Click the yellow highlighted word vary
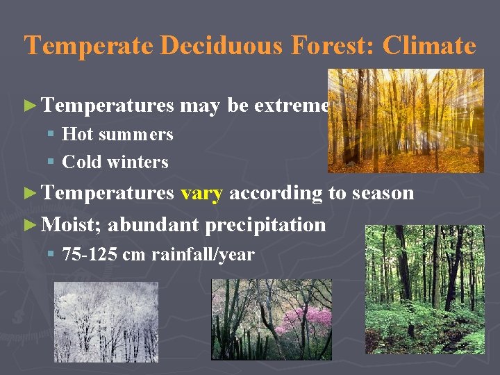point(201,193)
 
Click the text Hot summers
point(117,134)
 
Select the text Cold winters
point(115,162)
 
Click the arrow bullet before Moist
point(29,225)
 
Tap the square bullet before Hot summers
point(51,134)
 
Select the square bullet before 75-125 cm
point(51,255)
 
